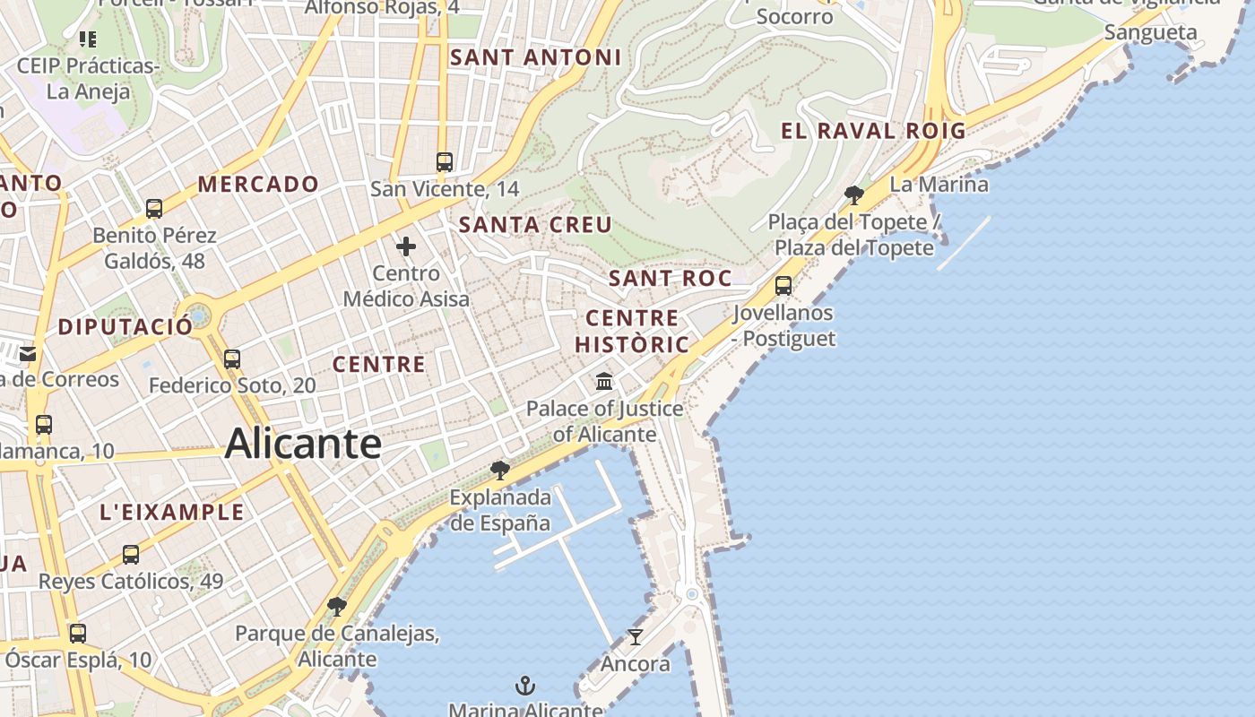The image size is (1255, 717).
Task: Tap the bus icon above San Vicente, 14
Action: pos(444,162)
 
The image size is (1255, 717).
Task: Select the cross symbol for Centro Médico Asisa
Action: pos(406,246)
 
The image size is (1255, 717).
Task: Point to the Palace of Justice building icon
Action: pos(604,382)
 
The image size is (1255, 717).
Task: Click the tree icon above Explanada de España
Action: pos(500,470)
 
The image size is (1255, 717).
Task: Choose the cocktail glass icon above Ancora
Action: pos(636,637)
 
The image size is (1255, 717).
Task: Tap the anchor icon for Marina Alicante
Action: pos(525,687)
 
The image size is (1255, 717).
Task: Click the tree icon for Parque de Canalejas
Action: pos(337,607)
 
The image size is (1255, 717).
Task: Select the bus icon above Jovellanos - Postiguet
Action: pos(783,286)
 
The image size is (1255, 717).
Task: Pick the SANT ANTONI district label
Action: pos(535,57)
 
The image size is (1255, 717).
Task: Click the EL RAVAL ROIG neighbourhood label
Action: pos(873,131)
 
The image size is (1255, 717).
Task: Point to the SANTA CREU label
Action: pos(535,225)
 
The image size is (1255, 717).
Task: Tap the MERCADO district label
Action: pos(258,185)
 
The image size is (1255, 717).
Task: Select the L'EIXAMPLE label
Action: pos(172,512)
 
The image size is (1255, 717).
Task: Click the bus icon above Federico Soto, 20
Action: pos(232,359)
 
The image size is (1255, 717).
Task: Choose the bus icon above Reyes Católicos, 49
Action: pos(131,555)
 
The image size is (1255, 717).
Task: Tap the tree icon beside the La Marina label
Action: pos(853,194)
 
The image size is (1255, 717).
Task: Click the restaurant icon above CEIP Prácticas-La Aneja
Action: pos(88,39)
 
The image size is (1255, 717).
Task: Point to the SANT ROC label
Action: pos(670,279)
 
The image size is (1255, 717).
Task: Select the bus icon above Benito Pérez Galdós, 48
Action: pos(154,209)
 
